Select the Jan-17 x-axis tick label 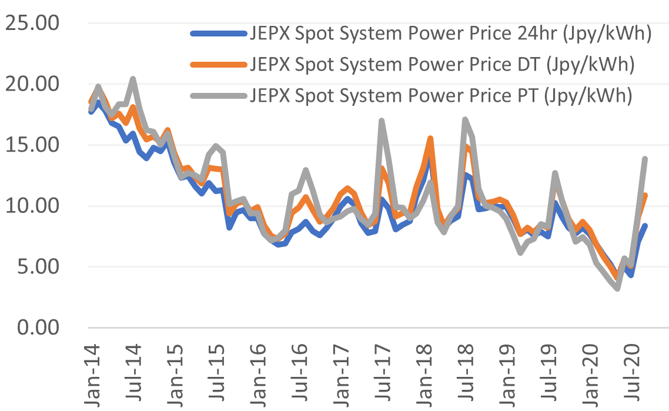click(343, 372)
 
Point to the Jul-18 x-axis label click(468, 372)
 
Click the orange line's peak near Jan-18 click(430, 139)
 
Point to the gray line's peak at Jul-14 click(133, 79)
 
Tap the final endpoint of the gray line click(645, 159)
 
